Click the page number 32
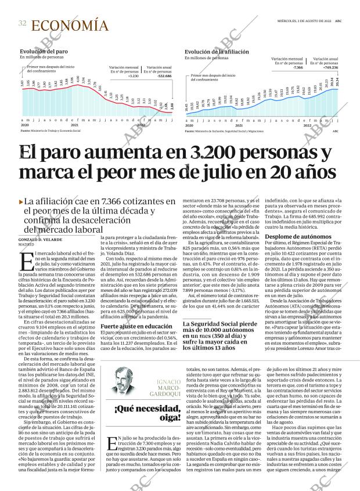(22, 23)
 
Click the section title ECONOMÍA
(69, 25)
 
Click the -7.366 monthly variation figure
(297, 67)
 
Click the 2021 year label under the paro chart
(74, 125)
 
